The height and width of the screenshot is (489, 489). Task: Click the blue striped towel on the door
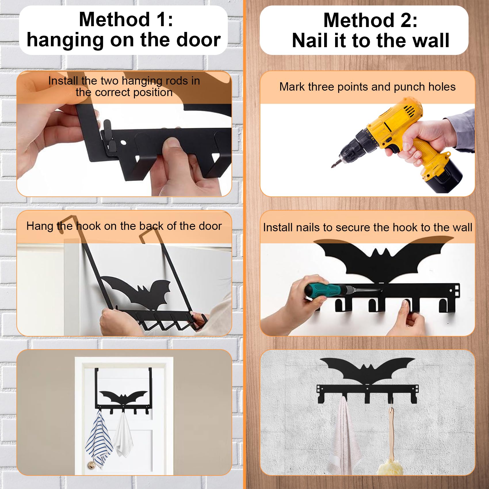pyautogui.click(x=99, y=439)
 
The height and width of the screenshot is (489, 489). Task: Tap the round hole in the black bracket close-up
pyautogui.click(x=123, y=142)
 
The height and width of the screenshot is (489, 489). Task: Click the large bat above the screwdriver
pyautogui.click(x=383, y=259)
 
